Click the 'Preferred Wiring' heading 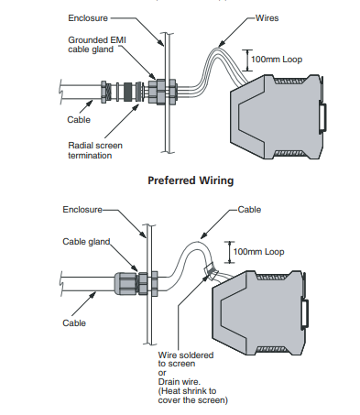click(191, 180)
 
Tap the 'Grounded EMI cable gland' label click(97, 45)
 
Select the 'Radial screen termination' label click(95, 150)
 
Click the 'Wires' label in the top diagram click(267, 18)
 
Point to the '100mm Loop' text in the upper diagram click(277, 60)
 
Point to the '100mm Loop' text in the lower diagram click(258, 252)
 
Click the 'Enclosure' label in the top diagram click(88, 18)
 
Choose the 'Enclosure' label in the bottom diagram click(82, 210)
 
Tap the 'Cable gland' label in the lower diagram click(86, 242)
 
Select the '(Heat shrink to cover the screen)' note click(192, 396)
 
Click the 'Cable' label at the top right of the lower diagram click(249, 210)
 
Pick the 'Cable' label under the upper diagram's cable click(79, 119)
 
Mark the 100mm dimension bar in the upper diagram click(247, 60)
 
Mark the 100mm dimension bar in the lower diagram click(230, 252)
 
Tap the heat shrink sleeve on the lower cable click(210, 271)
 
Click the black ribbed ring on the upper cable click(128, 92)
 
